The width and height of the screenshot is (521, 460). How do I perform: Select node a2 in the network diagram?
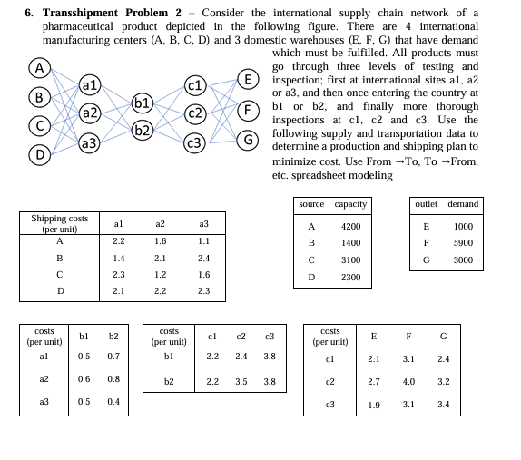point(90,113)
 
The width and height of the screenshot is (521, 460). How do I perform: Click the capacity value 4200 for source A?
point(350,226)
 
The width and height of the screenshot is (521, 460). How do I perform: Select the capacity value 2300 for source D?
point(350,277)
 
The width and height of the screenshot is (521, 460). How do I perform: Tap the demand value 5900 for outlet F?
point(463,242)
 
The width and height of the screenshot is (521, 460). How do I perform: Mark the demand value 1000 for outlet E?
point(463,226)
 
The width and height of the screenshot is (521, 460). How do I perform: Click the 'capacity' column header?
point(350,204)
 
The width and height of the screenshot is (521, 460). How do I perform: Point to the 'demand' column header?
point(463,204)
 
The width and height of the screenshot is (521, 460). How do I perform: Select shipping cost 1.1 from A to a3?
point(203,241)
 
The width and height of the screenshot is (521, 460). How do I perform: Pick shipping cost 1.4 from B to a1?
point(118,258)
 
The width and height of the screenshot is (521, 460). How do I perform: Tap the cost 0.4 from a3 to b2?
point(113,401)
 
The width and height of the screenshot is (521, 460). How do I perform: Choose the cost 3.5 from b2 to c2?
point(241,381)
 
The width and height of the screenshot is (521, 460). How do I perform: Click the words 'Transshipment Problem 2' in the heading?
point(113,13)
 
